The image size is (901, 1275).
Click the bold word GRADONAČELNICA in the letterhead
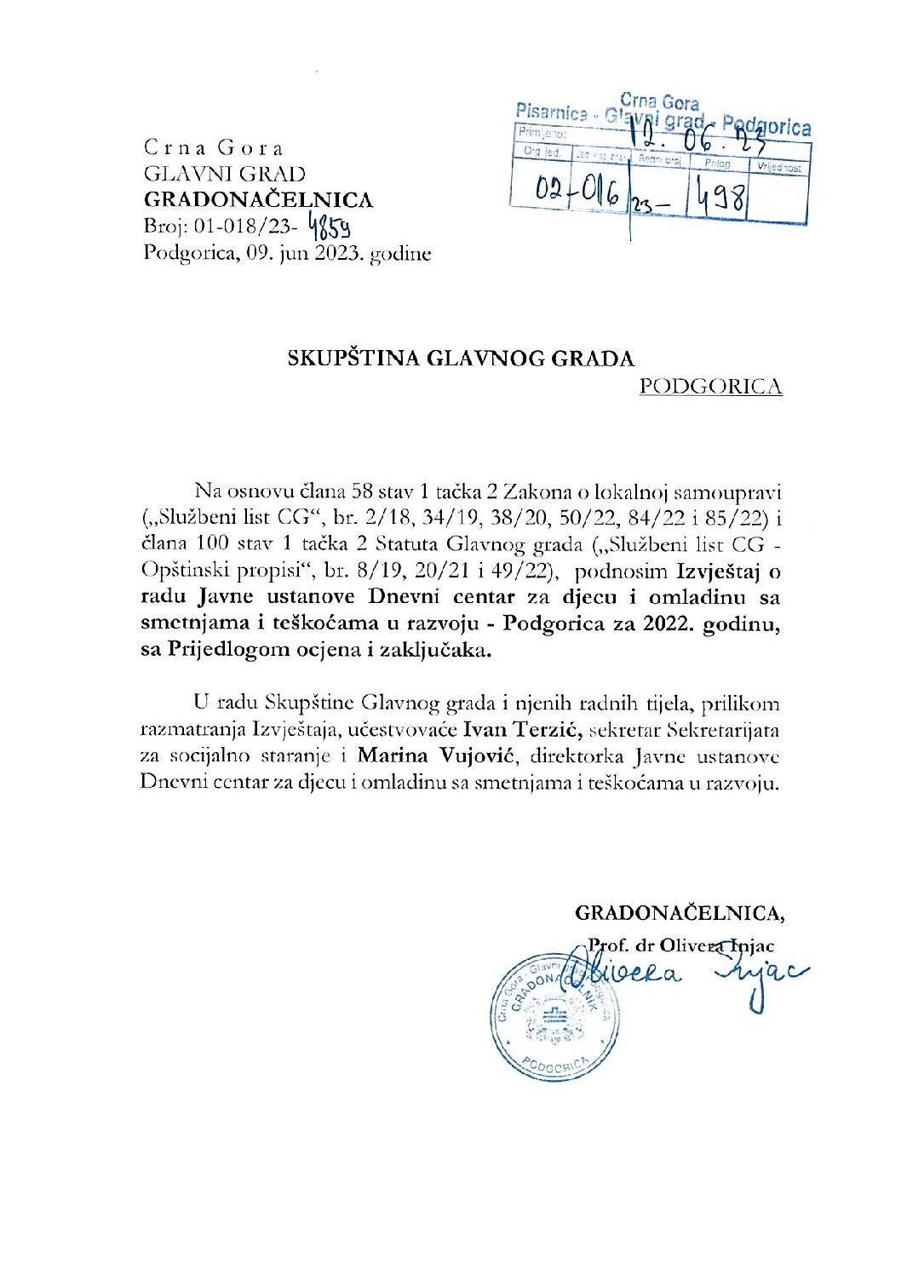pyautogui.click(x=258, y=200)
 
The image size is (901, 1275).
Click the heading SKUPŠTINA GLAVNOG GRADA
pyautogui.click(x=461, y=359)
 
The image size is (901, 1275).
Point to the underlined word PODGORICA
pyautogui.click(x=710, y=387)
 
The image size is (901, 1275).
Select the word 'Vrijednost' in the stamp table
pyautogui.click(x=779, y=168)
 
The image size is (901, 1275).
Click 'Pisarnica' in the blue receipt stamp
pyautogui.click(x=551, y=112)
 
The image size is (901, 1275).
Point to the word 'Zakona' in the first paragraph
pyautogui.click(x=536, y=491)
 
